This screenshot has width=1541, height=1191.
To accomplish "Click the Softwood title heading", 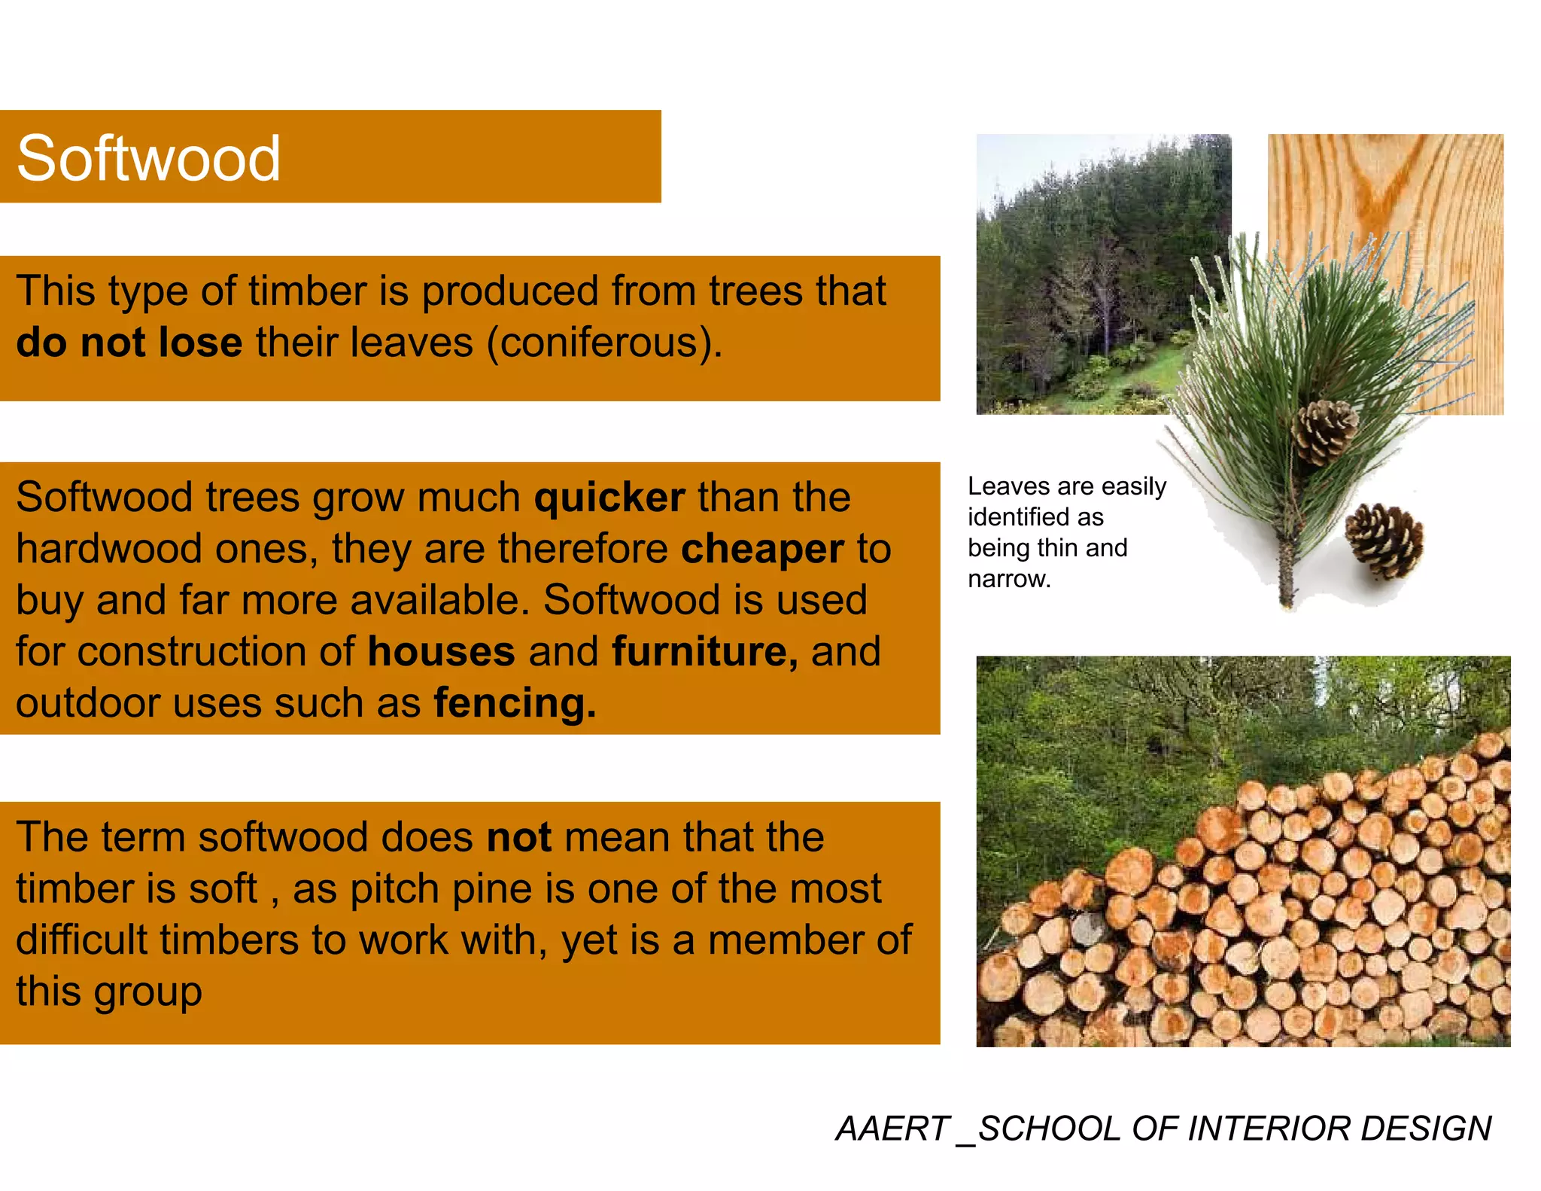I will pyautogui.click(x=148, y=158).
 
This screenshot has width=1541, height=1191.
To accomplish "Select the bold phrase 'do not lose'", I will pyautogui.click(x=129, y=343).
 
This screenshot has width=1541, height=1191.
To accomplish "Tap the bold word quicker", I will pyautogui.click(x=609, y=498).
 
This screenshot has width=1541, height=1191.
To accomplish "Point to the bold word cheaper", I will pyautogui.click(x=761, y=549).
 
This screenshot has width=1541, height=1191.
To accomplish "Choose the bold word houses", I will pyautogui.click(x=441, y=651).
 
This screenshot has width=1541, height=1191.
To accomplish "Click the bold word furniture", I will pyautogui.click(x=704, y=651).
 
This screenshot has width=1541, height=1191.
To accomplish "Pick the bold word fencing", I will pyautogui.click(x=515, y=703).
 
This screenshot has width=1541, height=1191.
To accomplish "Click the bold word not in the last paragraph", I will pyautogui.click(x=519, y=837).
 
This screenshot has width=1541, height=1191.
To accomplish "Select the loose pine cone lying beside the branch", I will pyautogui.click(x=1384, y=541).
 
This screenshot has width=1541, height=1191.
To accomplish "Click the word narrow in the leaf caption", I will pyautogui.click(x=1008, y=579).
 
